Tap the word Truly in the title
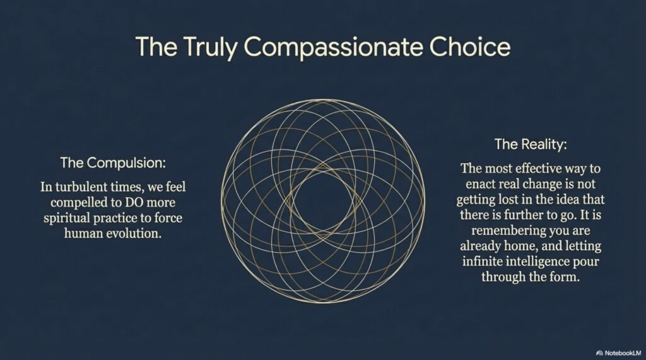(x=209, y=47)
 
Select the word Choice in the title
(x=469, y=46)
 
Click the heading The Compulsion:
(x=113, y=163)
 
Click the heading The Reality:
(x=531, y=144)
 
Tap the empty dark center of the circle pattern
(x=322, y=201)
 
